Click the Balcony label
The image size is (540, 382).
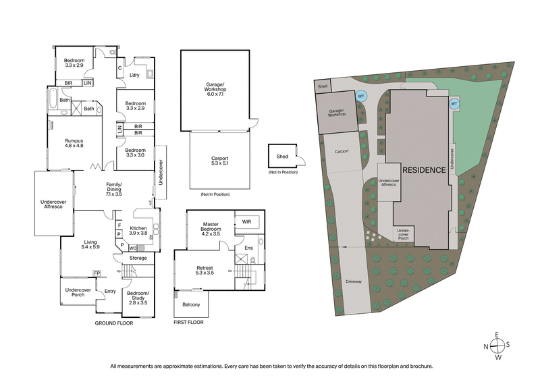point(191,304)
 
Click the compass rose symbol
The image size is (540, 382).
point(497,345)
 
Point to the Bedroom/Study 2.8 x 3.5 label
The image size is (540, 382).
point(137,298)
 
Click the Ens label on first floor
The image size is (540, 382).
point(248,248)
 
